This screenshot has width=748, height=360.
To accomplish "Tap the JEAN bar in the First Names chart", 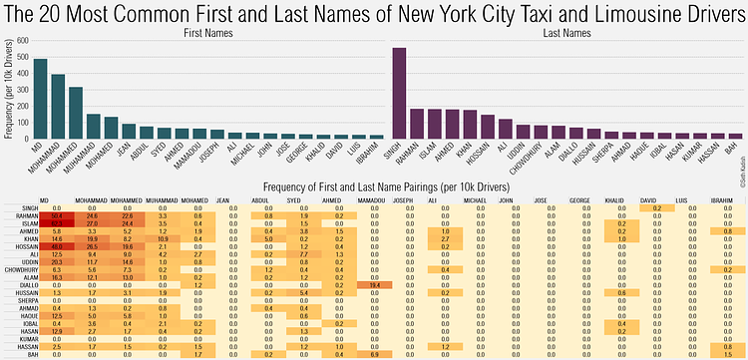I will (129, 131).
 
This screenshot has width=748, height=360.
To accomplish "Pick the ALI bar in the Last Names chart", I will (505, 129).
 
